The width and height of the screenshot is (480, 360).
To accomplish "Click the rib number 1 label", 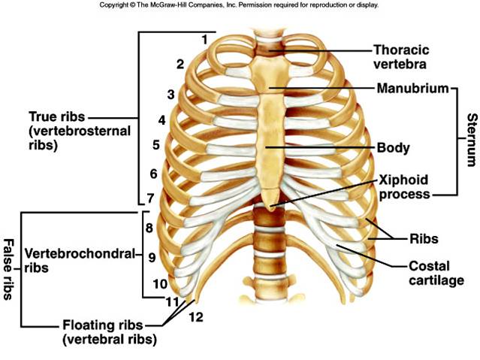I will point(204,38).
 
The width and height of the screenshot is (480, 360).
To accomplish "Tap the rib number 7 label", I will point(150,198).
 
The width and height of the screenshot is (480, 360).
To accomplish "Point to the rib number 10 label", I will point(160,284).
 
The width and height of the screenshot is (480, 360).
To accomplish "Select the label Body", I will point(393,147).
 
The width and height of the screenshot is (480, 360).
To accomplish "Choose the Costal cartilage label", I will point(435,274).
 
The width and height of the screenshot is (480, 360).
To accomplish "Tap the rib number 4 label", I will point(162,119).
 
